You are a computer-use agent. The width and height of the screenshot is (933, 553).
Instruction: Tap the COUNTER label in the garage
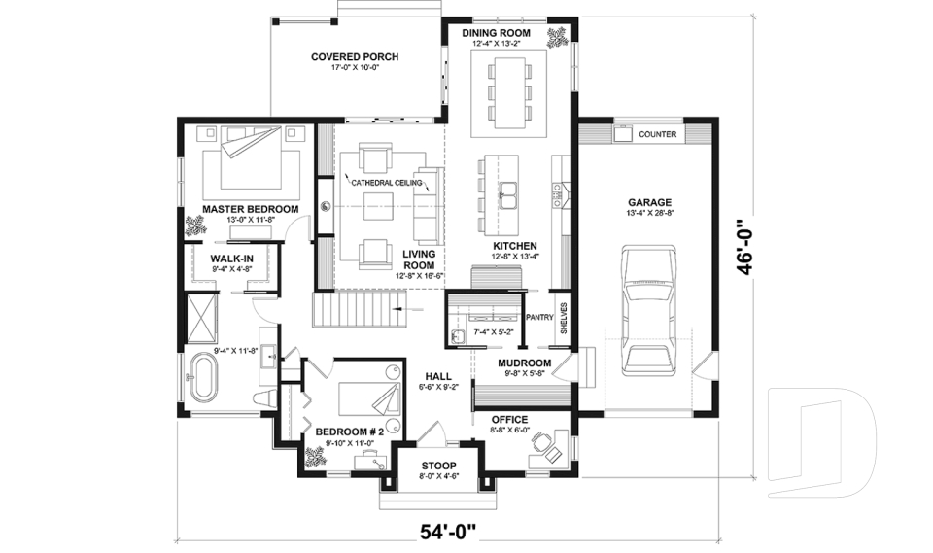click(x=657, y=134)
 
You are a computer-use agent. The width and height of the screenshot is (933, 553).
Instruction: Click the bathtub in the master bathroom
click(x=203, y=377)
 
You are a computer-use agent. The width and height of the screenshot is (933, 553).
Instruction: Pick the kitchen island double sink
click(x=508, y=196)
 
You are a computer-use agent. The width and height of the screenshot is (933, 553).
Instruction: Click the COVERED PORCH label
click(x=355, y=57)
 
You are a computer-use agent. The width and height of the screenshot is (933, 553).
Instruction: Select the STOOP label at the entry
click(x=438, y=466)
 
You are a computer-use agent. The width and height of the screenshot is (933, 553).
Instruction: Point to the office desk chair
click(x=541, y=441)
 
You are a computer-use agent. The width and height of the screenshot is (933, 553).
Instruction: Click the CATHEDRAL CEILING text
click(x=386, y=183)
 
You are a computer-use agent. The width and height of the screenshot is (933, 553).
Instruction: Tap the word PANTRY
click(x=539, y=317)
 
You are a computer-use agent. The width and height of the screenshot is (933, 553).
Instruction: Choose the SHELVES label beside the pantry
click(x=564, y=318)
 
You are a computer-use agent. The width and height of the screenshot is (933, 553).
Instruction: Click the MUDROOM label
click(x=524, y=363)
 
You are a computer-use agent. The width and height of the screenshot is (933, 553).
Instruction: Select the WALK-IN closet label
click(x=232, y=259)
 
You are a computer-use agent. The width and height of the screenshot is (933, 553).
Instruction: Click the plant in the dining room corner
click(x=559, y=37)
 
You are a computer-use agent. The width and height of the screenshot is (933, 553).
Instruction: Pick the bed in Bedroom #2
click(x=369, y=397)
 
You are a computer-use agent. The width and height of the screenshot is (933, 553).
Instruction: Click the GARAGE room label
click(x=649, y=202)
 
